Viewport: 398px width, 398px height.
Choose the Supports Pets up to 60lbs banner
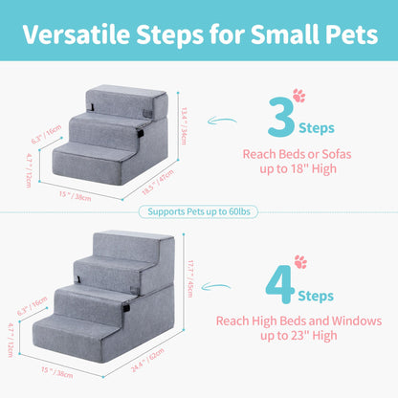199,211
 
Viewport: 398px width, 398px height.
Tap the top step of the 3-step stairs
134,96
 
